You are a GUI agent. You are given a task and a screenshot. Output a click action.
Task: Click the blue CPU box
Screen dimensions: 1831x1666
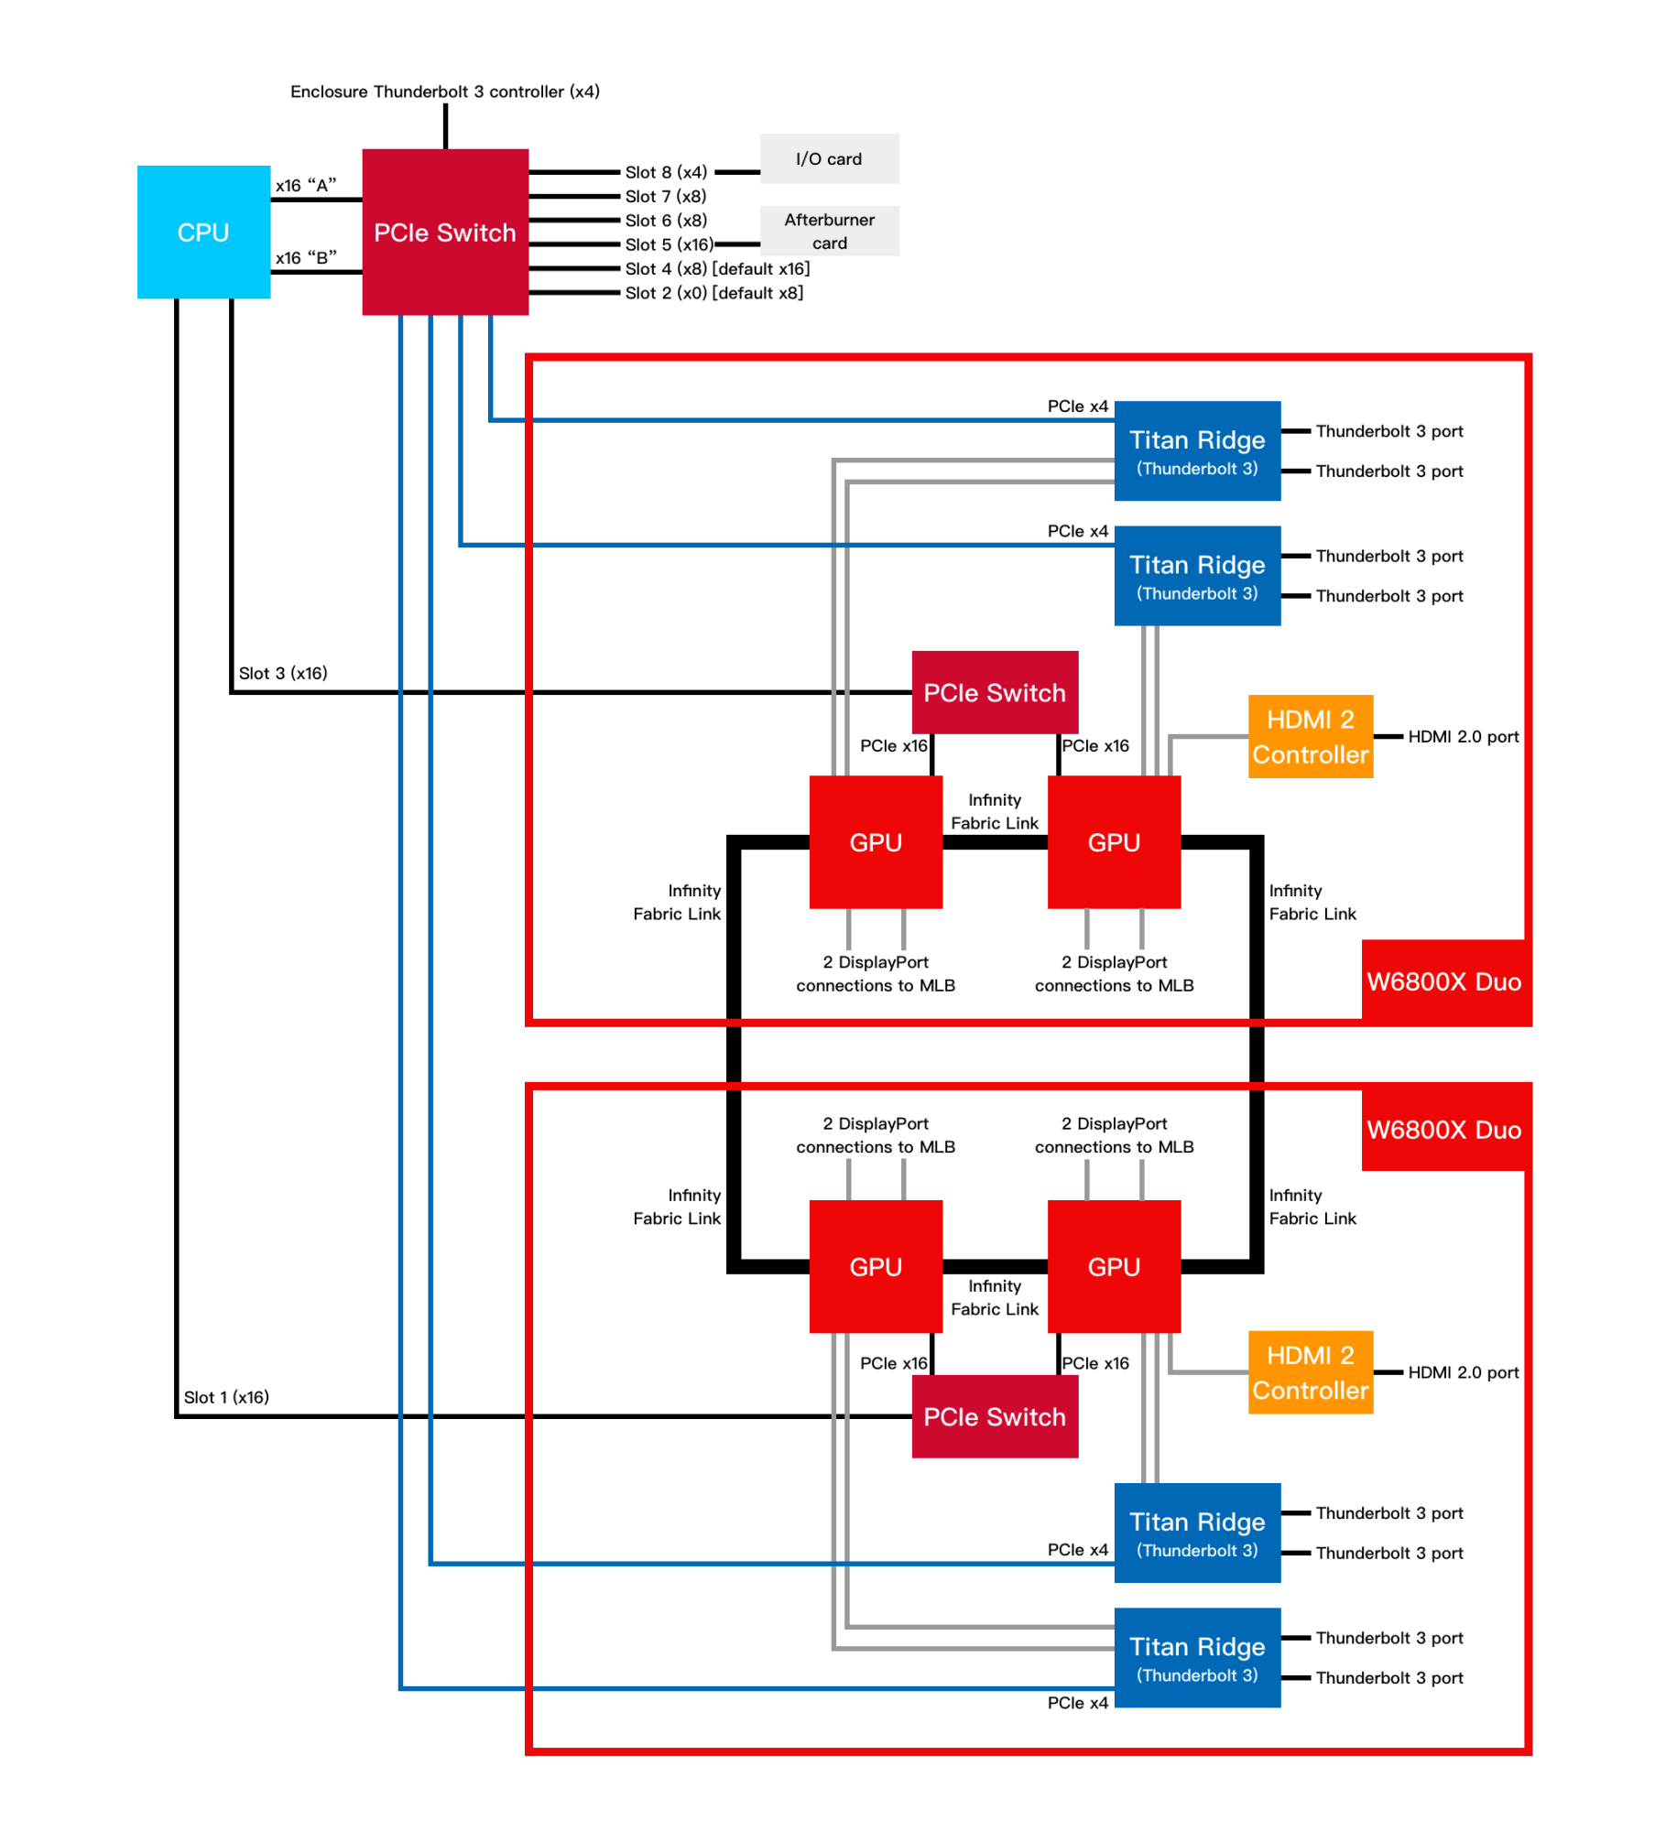pyautogui.click(x=203, y=232)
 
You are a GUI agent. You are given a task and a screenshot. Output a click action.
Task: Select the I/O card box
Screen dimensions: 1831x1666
pyautogui.click(x=829, y=158)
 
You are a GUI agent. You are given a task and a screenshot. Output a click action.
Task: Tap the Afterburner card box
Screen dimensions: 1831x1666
pyautogui.click(x=829, y=231)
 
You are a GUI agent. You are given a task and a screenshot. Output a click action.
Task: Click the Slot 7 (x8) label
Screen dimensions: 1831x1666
pyautogui.click(x=666, y=196)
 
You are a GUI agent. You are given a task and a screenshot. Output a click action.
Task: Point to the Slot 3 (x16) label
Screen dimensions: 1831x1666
pyautogui.click(x=283, y=673)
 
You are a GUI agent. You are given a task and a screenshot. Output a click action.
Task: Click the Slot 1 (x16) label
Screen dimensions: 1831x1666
pyautogui.click(x=226, y=1397)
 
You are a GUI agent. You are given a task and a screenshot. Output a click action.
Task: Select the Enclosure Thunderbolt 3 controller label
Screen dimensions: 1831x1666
pyautogui.click(x=445, y=92)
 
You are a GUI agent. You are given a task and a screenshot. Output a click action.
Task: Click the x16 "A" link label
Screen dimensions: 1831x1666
pyautogui.click(x=306, y=186)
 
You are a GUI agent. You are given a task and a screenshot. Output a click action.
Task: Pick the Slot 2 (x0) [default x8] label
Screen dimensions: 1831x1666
pyautogui.click(x=713, y=293)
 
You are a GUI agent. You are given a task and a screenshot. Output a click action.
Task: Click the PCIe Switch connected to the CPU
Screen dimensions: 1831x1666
pyautogui.click(x=445, y=232)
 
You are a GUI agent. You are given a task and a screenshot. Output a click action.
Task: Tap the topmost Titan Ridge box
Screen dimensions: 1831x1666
pyautogui.click(x=1197, y=450)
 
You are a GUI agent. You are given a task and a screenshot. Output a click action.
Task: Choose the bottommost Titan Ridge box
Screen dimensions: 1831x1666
pyautogui.click(x=1197, y=1657)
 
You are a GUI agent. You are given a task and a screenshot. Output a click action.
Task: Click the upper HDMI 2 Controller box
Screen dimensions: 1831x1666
pyautogui.click(x=1310, y=736)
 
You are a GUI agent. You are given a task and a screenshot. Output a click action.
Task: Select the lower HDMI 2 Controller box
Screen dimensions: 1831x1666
pyautogui.click(x=1310, y=1371)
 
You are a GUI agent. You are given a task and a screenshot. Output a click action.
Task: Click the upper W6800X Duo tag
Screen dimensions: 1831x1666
pyautogui.click(x=1444, y=981)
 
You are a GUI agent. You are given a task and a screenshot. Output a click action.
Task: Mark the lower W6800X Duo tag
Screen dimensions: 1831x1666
pyautogui.click(x=1444, y=1129)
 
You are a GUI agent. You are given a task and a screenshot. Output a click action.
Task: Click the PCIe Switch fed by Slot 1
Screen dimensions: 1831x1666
pyautogui.click(x=995, y=1416)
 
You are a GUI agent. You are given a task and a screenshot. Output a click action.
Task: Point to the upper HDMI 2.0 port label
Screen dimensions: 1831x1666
pyautogui.click(x=1463, y=736)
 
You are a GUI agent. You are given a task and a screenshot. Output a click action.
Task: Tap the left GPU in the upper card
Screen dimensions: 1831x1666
pyautogui.click(x=876, y=842)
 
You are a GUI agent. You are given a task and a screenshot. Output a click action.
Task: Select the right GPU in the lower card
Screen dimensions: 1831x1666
pyautogui.click(x=1114, y=1266)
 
